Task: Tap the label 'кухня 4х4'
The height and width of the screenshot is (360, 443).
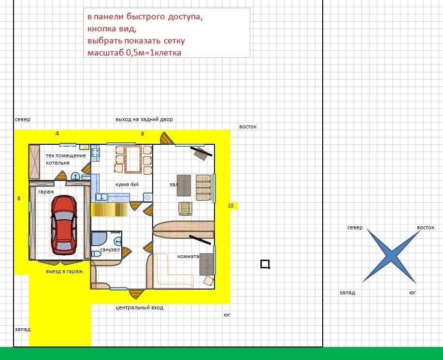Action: (127, 184)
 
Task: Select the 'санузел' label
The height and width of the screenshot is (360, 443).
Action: (110, 249)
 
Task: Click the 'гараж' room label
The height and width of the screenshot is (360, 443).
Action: (46, 192)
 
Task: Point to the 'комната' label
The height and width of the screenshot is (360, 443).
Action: (188, 256)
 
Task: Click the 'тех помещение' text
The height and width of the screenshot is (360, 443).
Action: (66, 155)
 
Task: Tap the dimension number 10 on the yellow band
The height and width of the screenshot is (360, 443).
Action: (230, 206)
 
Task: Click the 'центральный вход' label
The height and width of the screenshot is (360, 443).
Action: (139, 307)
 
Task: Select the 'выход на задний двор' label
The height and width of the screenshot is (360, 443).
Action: (144, 119)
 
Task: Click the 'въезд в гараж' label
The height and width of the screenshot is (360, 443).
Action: (64, 271)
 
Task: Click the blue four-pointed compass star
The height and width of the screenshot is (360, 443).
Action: (391, 256)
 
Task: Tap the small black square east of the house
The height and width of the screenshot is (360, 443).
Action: (265, 264)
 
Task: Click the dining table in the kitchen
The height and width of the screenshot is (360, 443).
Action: (133, 159)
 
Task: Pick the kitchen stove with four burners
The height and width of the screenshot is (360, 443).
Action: (95, 153)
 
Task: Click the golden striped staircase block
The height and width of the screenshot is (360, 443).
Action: (109, 209)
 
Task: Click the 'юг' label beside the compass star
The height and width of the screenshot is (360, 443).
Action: (413, 293)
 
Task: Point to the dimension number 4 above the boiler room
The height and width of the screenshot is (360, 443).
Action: (57, 134)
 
